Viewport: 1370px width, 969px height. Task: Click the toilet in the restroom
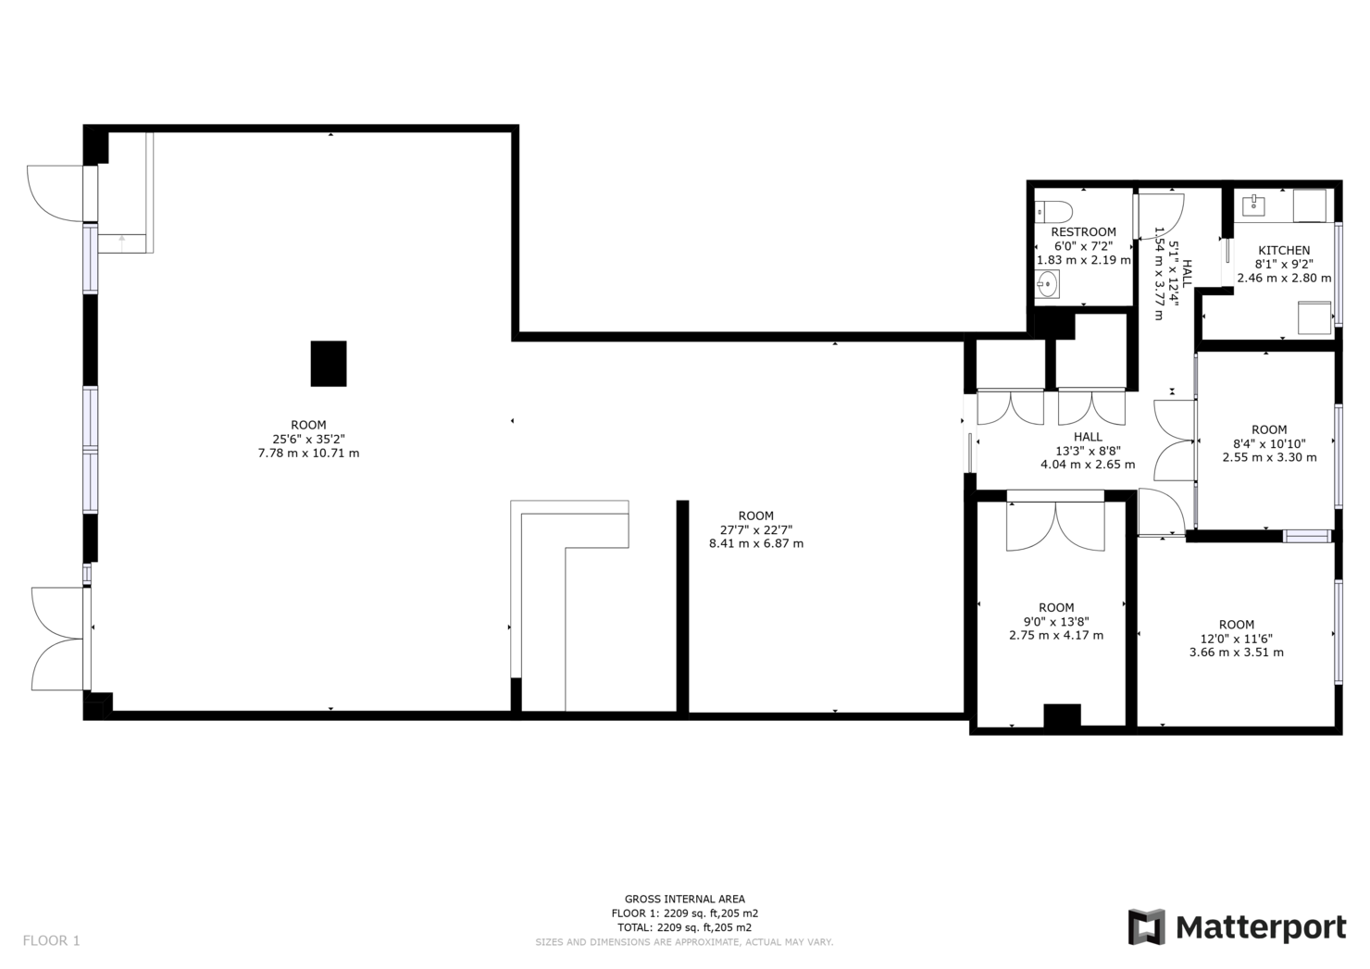[x=1055, y=210]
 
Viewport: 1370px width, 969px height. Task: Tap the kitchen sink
[x=1255, y=204]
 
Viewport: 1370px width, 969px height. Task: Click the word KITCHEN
[x=1284, y=250]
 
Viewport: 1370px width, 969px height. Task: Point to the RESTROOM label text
[x=1083, y=231]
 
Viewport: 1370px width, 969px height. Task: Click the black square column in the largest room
[x=329, y=364]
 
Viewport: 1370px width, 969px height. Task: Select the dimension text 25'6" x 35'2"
[x=308, y=440]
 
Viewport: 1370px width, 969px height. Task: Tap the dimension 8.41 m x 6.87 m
[x=756, y=543]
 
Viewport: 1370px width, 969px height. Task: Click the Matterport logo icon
[x=1146, y=927]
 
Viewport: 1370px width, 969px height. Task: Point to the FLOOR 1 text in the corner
[x=52, y=940]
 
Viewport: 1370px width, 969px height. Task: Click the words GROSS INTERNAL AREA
[x=684, y=899]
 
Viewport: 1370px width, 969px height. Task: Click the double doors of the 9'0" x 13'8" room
[x=1055, y=526]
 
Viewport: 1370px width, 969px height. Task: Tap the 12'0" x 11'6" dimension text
[x=1236, y=639]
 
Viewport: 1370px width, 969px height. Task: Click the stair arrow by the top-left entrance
[x=122, y=242]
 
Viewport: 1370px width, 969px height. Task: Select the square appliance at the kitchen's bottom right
[x=1314, y=317]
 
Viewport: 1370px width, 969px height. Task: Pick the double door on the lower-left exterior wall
[x=57, y=639]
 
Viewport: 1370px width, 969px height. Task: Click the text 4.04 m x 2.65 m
[x=1088, y=465]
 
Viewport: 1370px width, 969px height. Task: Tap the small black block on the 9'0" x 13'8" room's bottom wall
[x=1062, y=715]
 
